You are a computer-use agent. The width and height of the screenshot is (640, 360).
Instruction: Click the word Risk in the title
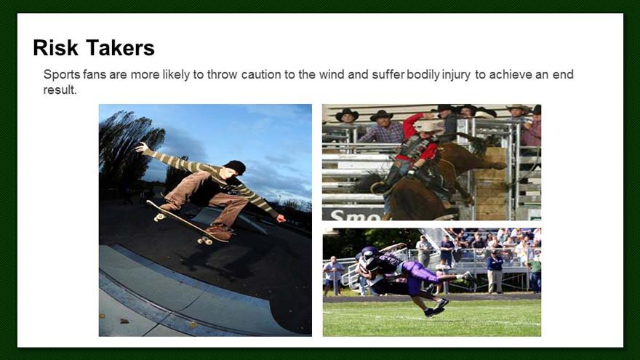(x=55, y=48)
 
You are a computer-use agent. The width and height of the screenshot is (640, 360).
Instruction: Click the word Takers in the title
(x=121, y=48)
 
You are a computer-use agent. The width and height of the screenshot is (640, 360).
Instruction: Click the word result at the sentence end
(x=60, y=89)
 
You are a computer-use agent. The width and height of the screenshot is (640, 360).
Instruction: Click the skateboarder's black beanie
(x=235, y=167)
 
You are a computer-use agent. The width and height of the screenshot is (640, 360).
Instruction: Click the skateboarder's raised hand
(x=142, y=147)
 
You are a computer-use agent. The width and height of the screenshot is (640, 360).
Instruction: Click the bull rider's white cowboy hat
(x=428, y=126)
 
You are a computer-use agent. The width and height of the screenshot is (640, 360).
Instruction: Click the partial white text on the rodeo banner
(x=353, y=215)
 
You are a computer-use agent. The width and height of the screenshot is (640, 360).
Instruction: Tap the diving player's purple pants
(x=420, y=276)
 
